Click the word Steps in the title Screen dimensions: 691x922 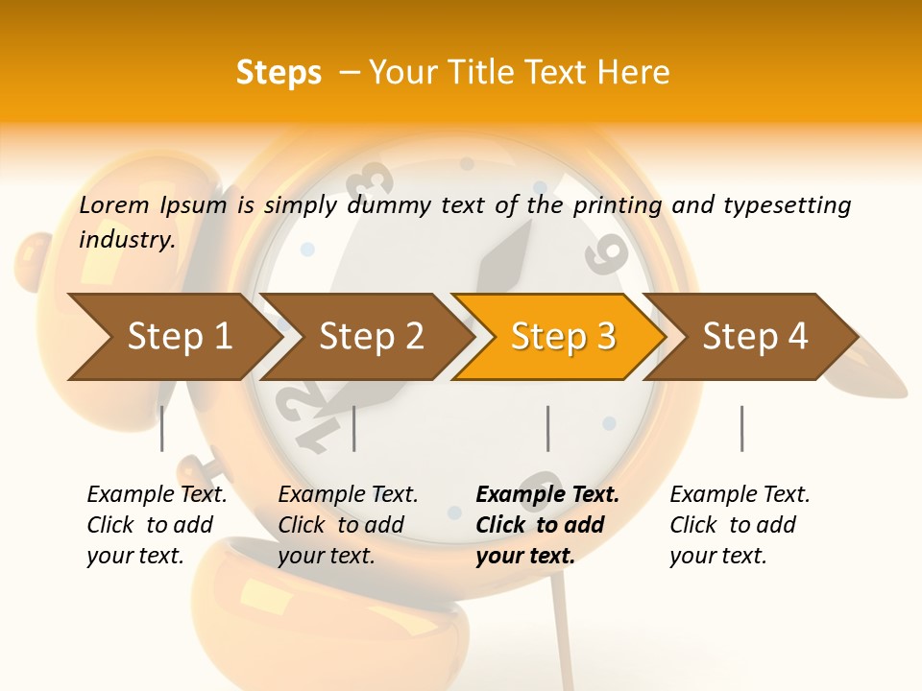pyautogui.click(x=279, y=73)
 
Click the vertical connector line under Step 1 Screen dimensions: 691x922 pyautogui.click(x=162, y=428)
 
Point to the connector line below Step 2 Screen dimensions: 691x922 pyautogui.click(x=354, y=428)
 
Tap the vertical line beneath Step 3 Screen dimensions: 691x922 pyautogui.click(x=548, y=428)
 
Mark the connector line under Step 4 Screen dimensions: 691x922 pyautogui.click(x=741, y=428)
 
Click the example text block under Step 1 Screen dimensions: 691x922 pyautogui.click(x=156, y=525)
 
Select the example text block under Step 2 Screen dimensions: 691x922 pyautogui.click(x=347, y=525)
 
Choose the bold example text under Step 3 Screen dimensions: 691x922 pyautogui.click(x=546, y=525)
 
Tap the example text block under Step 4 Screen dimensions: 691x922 pyautogui.click(x=739, y=525)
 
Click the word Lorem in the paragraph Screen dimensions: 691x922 pyautogui.click(x=114, y=205)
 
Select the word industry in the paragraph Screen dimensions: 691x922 pyautogui.click(x=127, y=240)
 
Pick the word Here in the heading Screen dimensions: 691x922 pyautogui.click(x=633, y=73)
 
